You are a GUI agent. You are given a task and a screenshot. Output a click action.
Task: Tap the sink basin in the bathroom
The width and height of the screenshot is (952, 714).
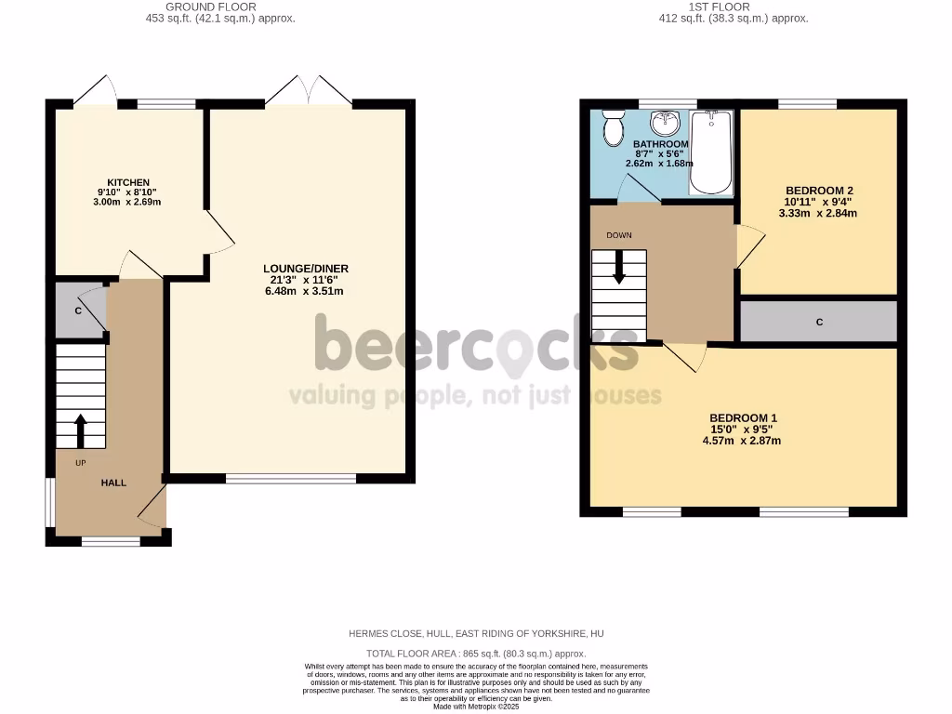pyautogui.click(x=666, y=124)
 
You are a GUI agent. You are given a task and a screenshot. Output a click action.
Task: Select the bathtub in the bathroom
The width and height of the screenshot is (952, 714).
pyautogui.click(x=712, y=152)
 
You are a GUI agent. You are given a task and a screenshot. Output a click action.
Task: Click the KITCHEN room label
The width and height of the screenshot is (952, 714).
pyautogui.click(x=128, y=182)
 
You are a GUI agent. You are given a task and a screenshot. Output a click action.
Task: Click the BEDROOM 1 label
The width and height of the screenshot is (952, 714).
pyautogui.click(x=743, y=418)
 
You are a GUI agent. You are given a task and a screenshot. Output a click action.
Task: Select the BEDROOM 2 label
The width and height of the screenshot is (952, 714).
pyautogui.click(x=818, y=191)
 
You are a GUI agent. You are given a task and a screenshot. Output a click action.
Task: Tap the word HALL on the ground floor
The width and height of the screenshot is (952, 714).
pyautogui.click(x=113, y=483)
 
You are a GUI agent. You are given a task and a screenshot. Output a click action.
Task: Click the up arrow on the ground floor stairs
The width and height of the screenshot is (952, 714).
pyautogui.click(x=80, y=430)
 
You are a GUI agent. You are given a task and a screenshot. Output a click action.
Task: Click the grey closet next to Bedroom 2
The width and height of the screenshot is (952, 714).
pyautogui.click(x=818, y=322)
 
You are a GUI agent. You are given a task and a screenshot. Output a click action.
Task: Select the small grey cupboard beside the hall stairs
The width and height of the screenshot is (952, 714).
pyautogui.click(x=79, y=311)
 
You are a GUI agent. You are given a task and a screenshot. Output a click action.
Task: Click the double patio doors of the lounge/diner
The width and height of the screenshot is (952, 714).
pyautogui.click(x=309, y=90)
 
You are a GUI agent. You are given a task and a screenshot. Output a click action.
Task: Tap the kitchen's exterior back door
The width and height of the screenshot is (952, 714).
pyautogui.click(x=96, y=90)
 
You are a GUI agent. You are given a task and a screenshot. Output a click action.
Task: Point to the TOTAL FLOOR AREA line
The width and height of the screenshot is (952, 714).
pyautogui.click(x=475, y=654)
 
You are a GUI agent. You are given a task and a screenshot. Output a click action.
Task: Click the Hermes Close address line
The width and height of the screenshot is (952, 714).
pyautogui.click(x=475, y=633)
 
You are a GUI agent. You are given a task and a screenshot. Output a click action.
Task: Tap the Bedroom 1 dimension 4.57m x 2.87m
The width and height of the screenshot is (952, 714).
pyautogui.click(x=742, y=441)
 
